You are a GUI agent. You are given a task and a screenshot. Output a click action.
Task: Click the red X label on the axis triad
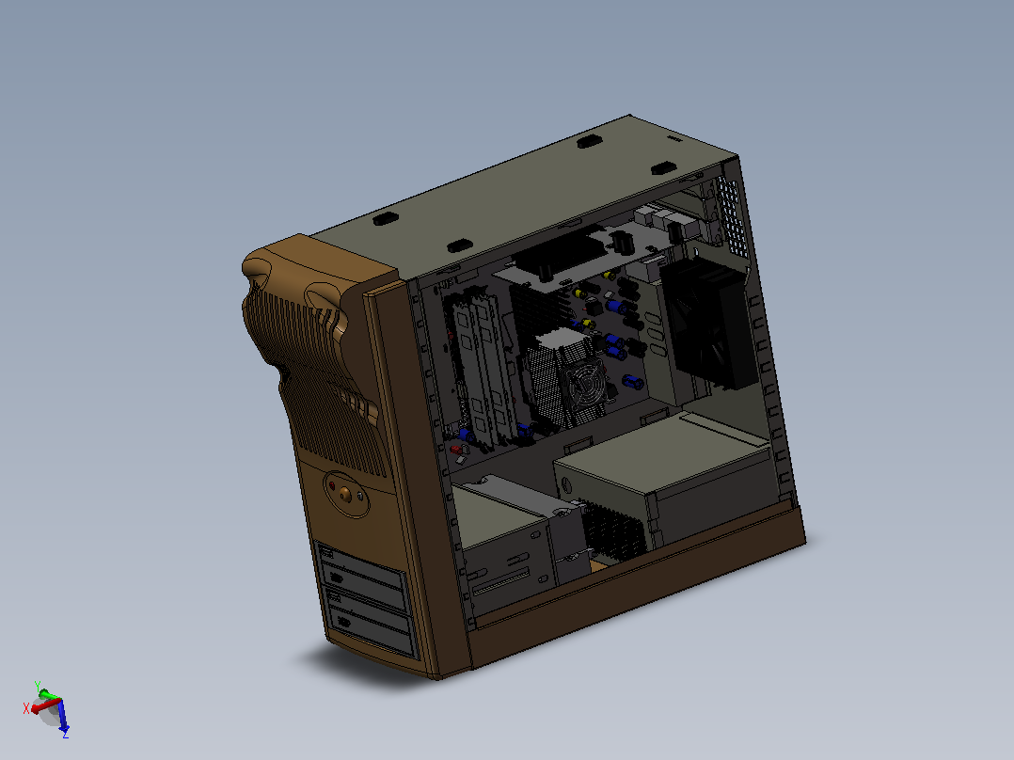[x=26, y=708]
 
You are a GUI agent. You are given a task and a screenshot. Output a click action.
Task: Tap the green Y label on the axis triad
[x=38, y=686]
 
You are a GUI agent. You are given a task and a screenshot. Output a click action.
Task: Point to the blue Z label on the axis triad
[x=65, y=734]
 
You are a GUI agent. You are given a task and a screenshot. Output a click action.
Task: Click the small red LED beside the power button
[x=332, y=485]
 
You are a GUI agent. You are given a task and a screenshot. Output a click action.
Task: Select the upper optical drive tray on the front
[x=363, y=578]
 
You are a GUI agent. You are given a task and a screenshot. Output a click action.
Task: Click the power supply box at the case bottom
[x=666, y=482]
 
